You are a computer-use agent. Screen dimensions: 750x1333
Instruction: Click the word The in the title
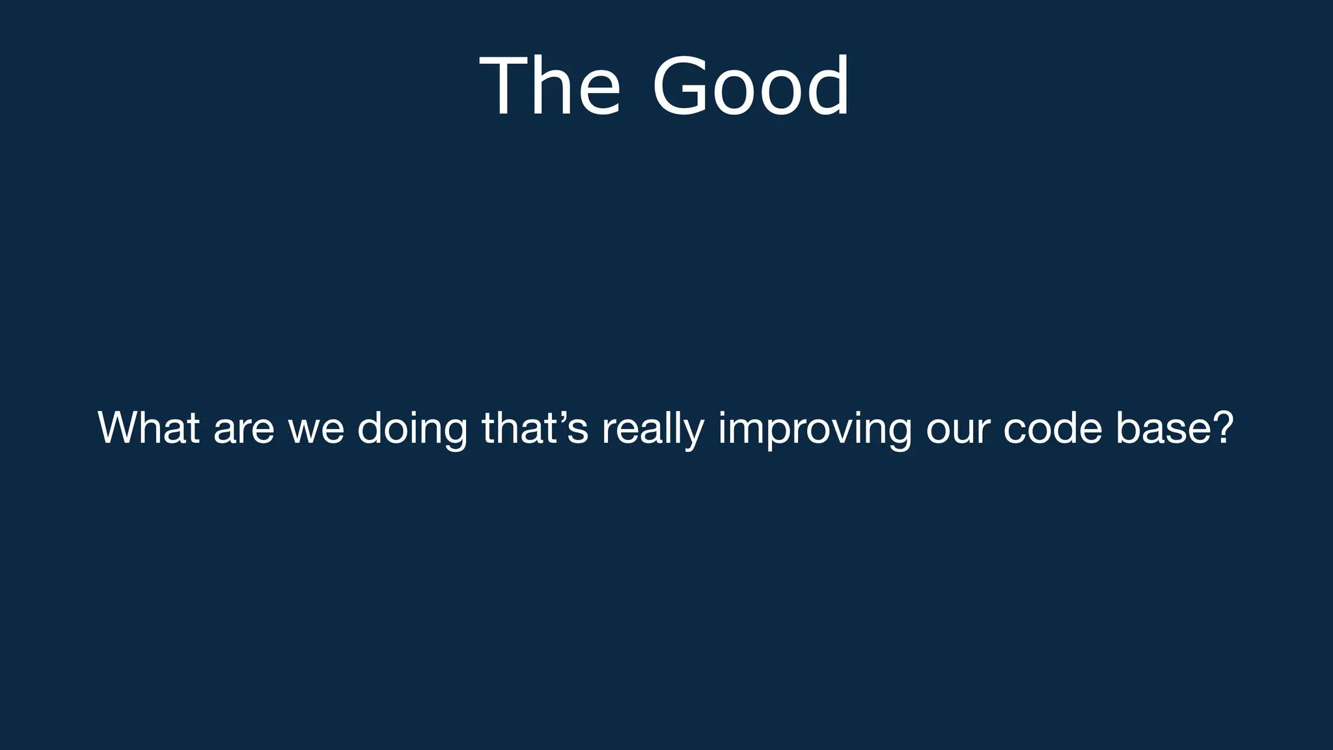coord(550,87)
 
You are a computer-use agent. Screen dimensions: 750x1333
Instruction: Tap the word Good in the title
coord(750,87)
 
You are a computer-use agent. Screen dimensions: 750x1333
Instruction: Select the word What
coord(148,428)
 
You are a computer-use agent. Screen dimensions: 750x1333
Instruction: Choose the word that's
coord(535,428)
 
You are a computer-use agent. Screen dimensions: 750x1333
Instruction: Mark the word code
coord(1052,428)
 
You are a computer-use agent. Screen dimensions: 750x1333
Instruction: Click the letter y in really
coord(694,434)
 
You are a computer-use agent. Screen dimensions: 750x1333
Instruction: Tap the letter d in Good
coord(827,87)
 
